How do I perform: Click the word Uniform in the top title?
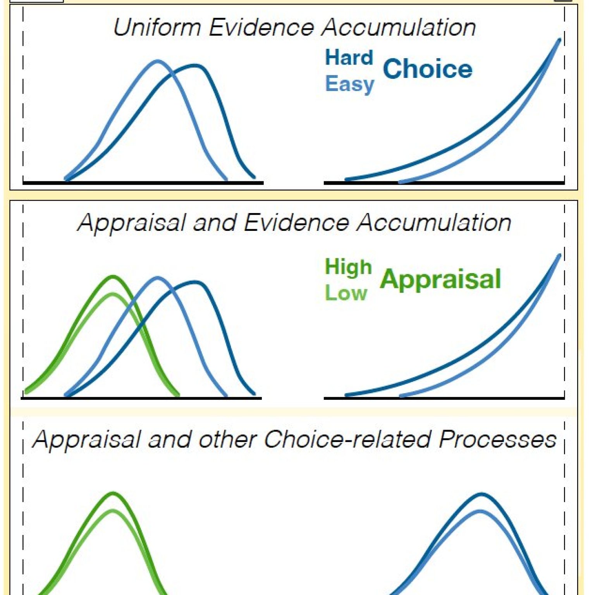[157, 28]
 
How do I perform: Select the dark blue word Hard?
[349, 58]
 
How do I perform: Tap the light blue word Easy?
[350, 84]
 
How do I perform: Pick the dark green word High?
[348, 268]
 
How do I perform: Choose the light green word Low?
[346, 293]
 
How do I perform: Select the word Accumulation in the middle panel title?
[434, 223]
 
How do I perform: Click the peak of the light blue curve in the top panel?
[157, 61]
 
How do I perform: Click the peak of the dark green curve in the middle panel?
[113, 277]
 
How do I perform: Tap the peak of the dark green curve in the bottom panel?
[113, 493]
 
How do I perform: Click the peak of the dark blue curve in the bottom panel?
[481, 494]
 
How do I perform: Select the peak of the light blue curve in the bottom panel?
[480, 511]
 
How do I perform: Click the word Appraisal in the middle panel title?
[131, 224]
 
